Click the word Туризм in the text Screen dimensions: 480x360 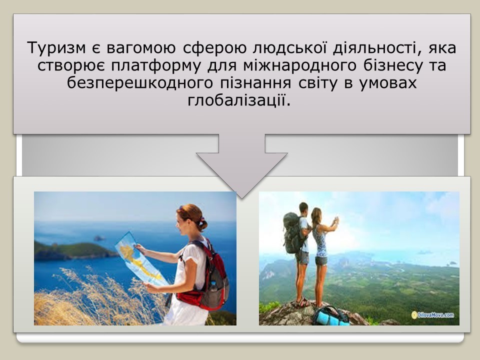tap(56, 48)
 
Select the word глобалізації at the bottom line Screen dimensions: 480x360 tap(239, 100)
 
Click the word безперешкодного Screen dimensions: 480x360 tap(139, 83)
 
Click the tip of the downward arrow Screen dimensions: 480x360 tap(242, 198)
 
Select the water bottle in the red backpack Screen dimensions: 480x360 tap(213, 286)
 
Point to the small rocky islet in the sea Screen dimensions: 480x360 tap(100, 238)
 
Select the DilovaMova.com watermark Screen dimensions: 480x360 tap(432, 314)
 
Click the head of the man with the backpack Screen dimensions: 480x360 tap(303, 208)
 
